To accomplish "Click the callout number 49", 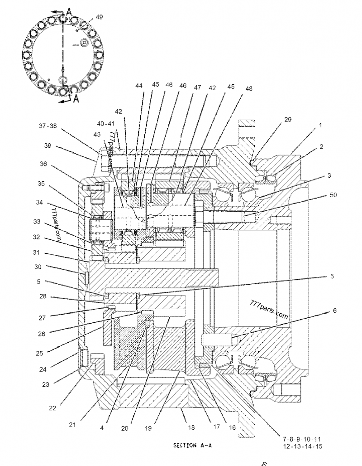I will point(100,17).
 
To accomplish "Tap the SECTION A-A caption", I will point(192,446).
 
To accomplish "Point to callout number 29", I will point(288,119).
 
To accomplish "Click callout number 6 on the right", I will point(334,311).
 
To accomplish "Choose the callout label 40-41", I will point(106,123).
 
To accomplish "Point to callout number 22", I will point(53,408).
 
